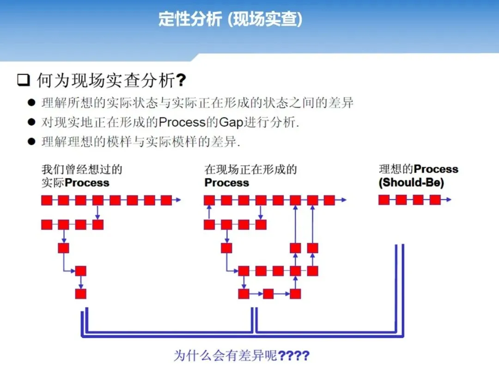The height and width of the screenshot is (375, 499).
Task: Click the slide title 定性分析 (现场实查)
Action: click(230, 19)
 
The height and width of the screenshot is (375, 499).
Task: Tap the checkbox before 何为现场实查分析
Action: click(23, 81)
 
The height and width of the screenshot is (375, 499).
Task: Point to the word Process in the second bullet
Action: click(182, 122)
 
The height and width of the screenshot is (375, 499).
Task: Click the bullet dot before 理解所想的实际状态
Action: click(31, 102)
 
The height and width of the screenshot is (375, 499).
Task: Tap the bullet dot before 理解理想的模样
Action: click(31, 142)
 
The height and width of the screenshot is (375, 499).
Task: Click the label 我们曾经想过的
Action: click(82, 169)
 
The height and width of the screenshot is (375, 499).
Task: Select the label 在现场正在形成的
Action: click(250, 169)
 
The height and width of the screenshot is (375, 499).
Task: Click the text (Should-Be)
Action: click(411, 182)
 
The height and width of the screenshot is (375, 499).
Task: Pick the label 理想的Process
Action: click(418, 169)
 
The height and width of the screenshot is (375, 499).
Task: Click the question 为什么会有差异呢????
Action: click(241, 356)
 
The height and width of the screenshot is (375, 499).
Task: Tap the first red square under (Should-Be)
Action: click(384, 200)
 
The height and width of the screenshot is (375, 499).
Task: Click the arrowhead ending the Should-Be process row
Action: click(448, 200)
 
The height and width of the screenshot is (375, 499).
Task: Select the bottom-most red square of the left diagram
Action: click(81, 294)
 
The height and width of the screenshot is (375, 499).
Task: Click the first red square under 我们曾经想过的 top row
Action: click(47, 200)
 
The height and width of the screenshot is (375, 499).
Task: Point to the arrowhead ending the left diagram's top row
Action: click(178, 200)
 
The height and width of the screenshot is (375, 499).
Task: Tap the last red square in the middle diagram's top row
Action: click(329, 200)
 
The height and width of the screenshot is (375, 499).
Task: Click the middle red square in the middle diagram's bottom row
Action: click(268, 294)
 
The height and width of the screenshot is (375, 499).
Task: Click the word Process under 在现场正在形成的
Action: click(226, 182)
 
